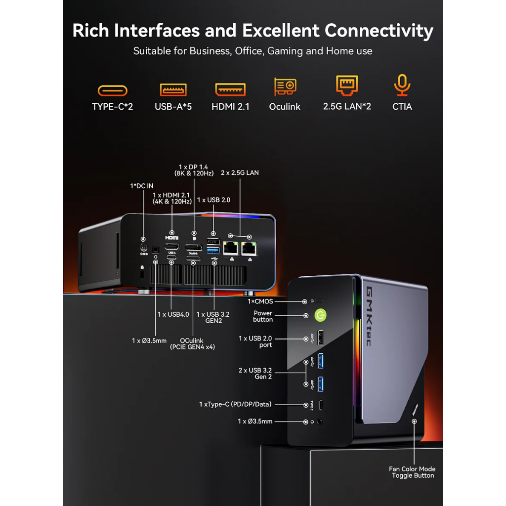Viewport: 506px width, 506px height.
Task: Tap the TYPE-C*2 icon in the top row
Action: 113,90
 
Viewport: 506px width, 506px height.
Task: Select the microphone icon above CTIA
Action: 402,86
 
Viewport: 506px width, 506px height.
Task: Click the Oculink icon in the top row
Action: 285,87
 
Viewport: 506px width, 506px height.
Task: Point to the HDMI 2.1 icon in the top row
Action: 230,89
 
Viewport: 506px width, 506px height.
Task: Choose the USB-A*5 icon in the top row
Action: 173,90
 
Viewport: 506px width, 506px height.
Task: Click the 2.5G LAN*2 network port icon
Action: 347,85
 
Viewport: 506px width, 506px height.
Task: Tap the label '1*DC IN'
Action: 141,186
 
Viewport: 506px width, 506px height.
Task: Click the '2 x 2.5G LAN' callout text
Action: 240,173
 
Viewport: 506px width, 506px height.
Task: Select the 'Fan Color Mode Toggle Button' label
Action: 413,472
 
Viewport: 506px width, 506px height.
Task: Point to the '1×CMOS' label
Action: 260,301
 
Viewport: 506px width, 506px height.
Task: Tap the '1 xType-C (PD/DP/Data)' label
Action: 235,404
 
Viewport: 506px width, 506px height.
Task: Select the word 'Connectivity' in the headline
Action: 379,31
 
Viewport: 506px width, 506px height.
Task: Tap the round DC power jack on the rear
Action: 144,249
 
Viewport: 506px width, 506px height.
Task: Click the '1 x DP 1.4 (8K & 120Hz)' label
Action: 193,170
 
